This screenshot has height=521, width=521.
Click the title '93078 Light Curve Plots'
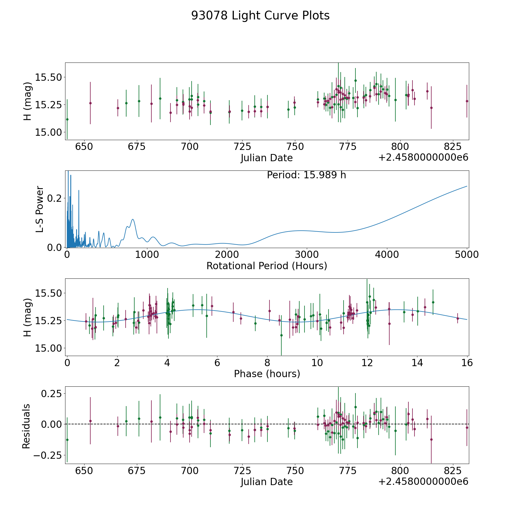pyautogui.click(x=260, y=16)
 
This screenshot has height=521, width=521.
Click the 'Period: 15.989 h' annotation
pyautogui.click(x=306, y=175)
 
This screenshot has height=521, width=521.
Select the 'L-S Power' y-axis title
pyautogui.click(x=40, y=209)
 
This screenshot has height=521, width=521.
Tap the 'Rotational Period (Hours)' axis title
pyautogui.click(x=267, y=266)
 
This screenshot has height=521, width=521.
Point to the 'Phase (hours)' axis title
pyautogui.click(x=267, y=374)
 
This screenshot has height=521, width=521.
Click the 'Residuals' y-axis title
pyautogui.click(x=26, y=426)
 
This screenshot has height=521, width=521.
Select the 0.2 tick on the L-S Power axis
pyautogui.click(x=55, y=198)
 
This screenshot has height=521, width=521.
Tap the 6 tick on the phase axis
pyautogui.click(x=217, y=363)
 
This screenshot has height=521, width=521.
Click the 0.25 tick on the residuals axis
pyautogui.click(x=51, y=394)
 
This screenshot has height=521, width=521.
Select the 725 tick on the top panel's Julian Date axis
pyautogui.click(x=242, y=146)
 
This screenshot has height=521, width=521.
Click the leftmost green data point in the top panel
pyautogui.click(x=67, y=119)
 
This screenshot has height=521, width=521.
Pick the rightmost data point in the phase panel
pyautogui.click(x=458, y=318)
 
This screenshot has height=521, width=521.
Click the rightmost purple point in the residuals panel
pyautogui.click(x=467, y=428)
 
